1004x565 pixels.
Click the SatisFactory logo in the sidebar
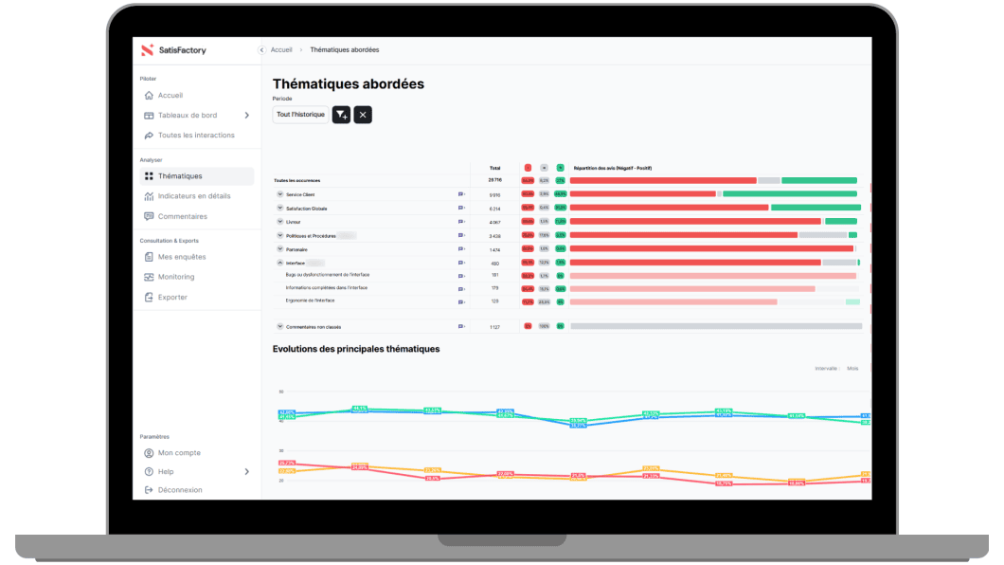pyautogui.click(x=173, y=50)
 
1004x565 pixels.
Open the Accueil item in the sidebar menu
pyautogui.click(x=170, y=96)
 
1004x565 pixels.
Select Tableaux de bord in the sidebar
pyautogui.click(x=187, y=116)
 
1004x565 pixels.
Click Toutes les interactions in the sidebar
pyautogui.click(x=195, y=136)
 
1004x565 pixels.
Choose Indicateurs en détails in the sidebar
pyautogui.click(x=193, y=196)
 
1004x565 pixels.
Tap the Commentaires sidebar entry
pyautogui.click(x=182, y=216)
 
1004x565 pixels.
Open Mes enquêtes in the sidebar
pyautogui.click(x=181, y=257)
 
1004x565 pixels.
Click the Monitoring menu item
pyautogui.click(x=175, y=277)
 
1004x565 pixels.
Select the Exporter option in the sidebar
pyautogui.click(x=171, y=298)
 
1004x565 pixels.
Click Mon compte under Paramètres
pyautogui.click(x=178, y=453)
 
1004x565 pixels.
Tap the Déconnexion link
pyautogui.click(x=179, y=490)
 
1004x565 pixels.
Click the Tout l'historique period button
pyautogui.click(x=300, y=115)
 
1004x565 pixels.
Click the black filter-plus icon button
pyautogui.click(x=342, y=115)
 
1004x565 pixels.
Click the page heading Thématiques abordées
pyautogui.click(x=348, y=84)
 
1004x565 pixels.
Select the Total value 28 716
pyautogui.click(x=494, y=179)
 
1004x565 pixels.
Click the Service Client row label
pyautogui.click(x=300, y=194)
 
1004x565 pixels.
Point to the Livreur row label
pyautogui.click(x=294, y=222)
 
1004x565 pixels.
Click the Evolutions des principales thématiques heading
pyautogui.click(x=356, y=349)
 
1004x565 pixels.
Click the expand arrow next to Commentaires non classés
pyautogui.click(x=279, y=326)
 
